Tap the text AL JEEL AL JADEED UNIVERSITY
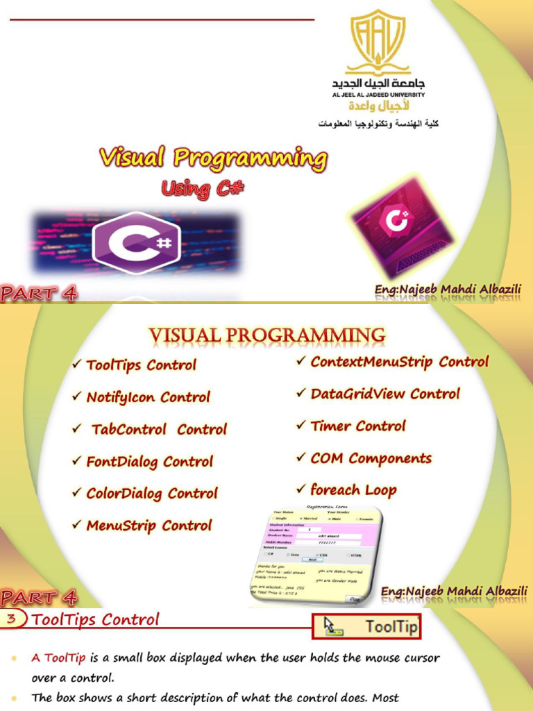coord(378,94)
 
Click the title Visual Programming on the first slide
coord(213,158)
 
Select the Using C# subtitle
coord(203,188)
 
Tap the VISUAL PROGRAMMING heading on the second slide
coord(267,336)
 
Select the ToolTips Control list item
coord(141,365)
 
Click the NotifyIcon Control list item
coord(148,398)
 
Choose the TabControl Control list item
coord(159,430)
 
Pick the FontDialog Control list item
coord(149,462)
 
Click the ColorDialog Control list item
coord(151,494)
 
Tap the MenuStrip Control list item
coord(149,526)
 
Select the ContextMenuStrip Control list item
coord(399,362)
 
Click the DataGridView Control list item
coord(384,394)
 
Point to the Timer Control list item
coord(357,426)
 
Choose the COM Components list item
coord(371,458)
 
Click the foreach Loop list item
coord(353,490)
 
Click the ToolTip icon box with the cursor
coord(367,627)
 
